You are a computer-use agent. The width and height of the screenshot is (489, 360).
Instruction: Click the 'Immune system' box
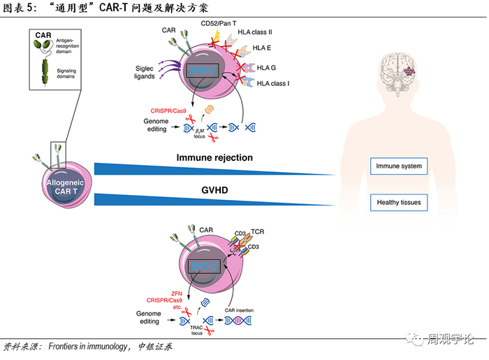click(x=399, y=166)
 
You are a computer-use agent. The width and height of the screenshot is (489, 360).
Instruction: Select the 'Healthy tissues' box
click(x=399, y=203)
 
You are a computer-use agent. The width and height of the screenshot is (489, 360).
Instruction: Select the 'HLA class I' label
click(x=274, y=83)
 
